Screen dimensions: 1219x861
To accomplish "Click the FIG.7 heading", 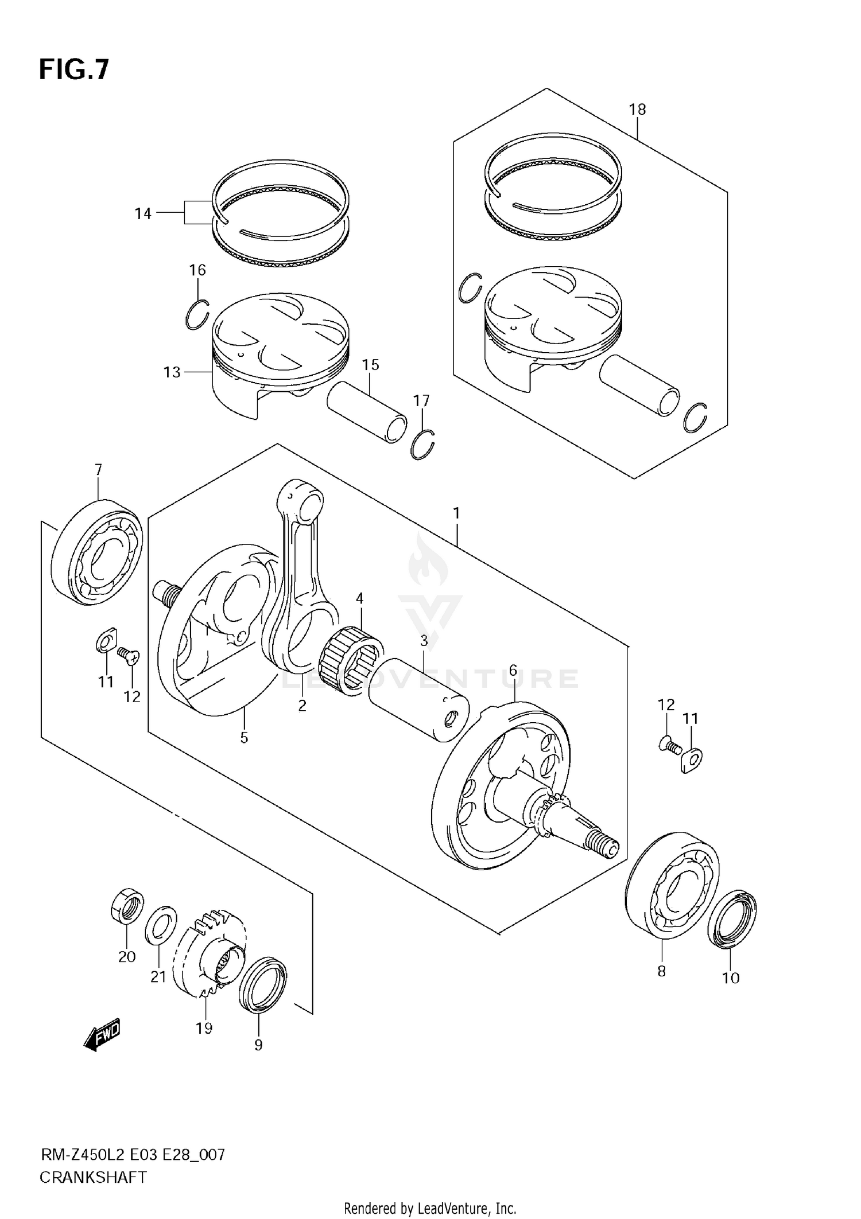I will [x=73, y=69].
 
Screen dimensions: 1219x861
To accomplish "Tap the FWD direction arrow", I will [x=103, y=1035].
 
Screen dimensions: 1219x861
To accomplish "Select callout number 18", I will [x=637, y=109].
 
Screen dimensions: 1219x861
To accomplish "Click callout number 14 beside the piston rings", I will [x=143, y=213].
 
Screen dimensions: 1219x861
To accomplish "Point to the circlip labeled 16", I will [x=197, y=315].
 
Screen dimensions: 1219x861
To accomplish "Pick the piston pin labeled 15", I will [x=366, y=412].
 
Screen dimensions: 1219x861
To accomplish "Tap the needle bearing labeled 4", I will [x=350, y=659].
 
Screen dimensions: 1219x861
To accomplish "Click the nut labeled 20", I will [x=127, y=906].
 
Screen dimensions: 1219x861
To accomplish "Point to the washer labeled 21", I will [x=160, y=925].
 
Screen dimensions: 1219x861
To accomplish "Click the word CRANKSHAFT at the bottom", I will [x=92, y=1177].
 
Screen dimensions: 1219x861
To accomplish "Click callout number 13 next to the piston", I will [x=172, y=372].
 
